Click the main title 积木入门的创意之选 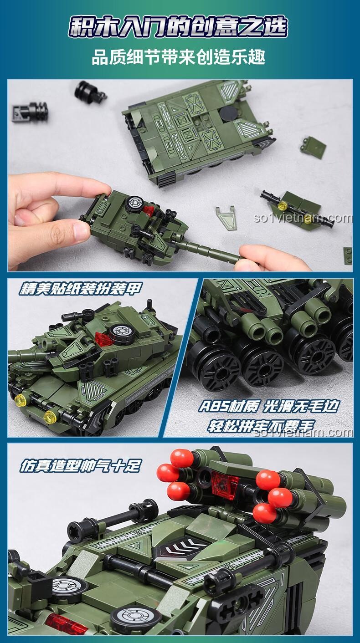pos(178,28)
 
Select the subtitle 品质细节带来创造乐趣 pos(179,56)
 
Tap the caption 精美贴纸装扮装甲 pos(81,289)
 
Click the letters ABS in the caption pos(214,407)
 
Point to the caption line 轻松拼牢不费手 pos(261,426)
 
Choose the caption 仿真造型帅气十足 pos(80,466)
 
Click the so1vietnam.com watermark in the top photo pos(303,219)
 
